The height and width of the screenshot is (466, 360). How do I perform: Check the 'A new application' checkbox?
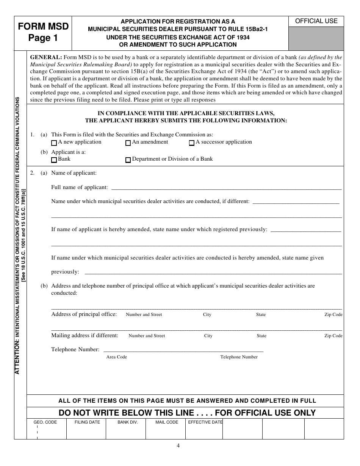coord(54,143)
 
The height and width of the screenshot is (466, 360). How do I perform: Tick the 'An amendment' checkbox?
coord(128,143)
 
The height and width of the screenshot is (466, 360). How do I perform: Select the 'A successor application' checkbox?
coord(192,143)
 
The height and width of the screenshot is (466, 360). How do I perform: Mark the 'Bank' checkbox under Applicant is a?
coord(54,160)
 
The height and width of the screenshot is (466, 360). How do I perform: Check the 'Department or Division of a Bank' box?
coord(128,160)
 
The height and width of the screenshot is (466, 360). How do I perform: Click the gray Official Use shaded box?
coord(316,38)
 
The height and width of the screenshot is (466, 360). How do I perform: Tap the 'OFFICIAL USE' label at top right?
coord(316,21)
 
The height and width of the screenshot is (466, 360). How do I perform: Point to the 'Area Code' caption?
coord(116,357)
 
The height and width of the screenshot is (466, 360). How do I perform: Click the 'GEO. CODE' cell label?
coord(45,422)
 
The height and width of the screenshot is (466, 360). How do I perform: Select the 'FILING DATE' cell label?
coord(87,422)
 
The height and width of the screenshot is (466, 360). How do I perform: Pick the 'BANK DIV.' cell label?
coord(127,422)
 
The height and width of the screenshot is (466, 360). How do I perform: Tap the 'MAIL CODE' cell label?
coord(167,422)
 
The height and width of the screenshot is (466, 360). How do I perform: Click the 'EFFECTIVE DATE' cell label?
coord(205,422)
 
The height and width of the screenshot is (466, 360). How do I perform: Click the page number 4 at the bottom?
coord(178,446)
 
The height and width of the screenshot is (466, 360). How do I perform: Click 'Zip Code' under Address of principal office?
coord(333,314)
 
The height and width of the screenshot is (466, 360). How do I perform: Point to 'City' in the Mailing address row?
coord(208,336)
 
